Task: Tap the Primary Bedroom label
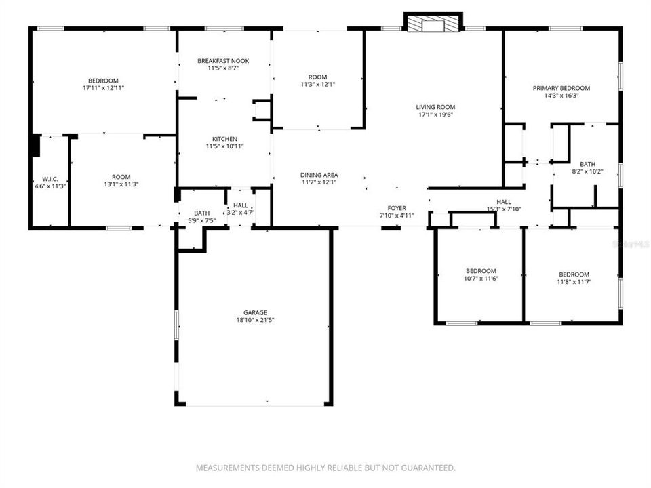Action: (x=561, y=88)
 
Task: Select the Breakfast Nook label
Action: (x=223, y=61)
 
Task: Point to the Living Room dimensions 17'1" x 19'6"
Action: (x=435, y=115)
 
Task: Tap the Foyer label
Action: (x=396, y=208)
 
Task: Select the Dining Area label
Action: (x=319, y=175)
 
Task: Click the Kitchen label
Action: (x=224, y=138)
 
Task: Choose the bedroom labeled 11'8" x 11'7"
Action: (x=574, y=275)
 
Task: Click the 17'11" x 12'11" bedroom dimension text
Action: (x=102, y=88)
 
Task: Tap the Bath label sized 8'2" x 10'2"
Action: (x=587, y=164)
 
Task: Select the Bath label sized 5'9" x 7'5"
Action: (x=201, y=213)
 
